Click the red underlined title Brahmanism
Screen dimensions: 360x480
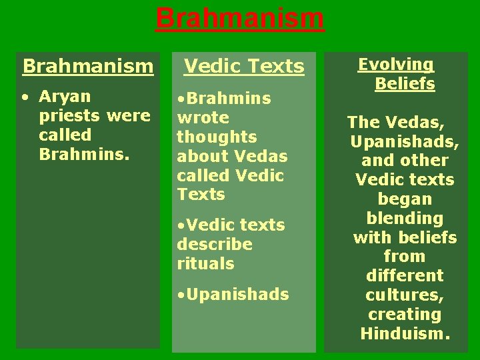tap(240, 18)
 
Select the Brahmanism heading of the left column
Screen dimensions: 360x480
tap(88, 66)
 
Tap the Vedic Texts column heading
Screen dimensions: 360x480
tap(244, 66)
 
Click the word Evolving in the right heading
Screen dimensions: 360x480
tap(396, 64)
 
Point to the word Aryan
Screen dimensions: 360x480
tap(65, 97)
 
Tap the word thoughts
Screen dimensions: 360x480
tap(217, 137)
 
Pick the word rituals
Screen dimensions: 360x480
tap(205, 263)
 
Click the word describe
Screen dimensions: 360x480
tap(215, 244)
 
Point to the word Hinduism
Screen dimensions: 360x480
tap(404, 333)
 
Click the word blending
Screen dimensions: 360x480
tap(405, 218)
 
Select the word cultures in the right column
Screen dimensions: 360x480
tap(405, 295)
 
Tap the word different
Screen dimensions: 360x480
tap(405, 275)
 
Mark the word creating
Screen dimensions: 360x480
tap(405, 314)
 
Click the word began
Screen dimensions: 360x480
tap(405, 199)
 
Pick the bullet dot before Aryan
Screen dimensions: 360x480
tap(24, 97)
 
